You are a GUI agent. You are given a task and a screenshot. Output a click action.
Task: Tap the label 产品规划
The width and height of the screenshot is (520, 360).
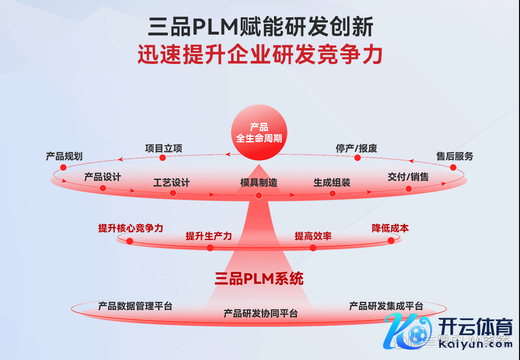tap(64, 156)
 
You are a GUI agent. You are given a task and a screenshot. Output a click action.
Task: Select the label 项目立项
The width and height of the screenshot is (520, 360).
tap(163, 149)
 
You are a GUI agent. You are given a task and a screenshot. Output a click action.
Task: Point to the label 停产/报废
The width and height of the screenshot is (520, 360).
tap(356, 149)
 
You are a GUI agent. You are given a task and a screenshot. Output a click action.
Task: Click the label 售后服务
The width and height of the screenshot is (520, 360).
tap(455, 156)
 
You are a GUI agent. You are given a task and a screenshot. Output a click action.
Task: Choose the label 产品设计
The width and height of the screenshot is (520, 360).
tap(102, 177)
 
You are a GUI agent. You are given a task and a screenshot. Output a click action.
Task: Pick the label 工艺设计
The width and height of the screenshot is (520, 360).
tap(172, 183)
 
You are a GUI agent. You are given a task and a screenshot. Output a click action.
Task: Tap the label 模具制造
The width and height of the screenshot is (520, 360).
tap(259, 183)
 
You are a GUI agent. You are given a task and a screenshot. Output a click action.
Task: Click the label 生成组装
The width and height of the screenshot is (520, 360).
tap(332, 183)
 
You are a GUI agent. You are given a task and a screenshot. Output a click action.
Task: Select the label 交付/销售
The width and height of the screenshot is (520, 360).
tap(408, 177)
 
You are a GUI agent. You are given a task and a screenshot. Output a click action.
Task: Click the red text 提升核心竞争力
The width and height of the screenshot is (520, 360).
tap(131, 228)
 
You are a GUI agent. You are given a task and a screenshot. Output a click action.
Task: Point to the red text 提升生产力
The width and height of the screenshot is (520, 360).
tap(209, 236)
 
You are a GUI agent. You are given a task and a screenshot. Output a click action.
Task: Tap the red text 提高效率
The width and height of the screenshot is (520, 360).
tap(313, 236)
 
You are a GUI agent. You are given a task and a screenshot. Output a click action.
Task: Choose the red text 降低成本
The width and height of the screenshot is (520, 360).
tap(390, 228)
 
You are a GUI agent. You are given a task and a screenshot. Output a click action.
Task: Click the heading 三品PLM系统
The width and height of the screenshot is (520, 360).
tap(259, 279)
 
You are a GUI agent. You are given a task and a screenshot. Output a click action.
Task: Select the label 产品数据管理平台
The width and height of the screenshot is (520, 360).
tap(135, 306)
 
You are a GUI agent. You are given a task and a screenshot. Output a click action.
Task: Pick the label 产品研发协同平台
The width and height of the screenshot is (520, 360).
tap(260, 313)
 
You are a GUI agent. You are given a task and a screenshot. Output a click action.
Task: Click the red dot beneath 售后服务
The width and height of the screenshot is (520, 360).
tap(453, 167)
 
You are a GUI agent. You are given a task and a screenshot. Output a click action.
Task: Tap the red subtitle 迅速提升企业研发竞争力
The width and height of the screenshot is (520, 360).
tap(260, 55)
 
